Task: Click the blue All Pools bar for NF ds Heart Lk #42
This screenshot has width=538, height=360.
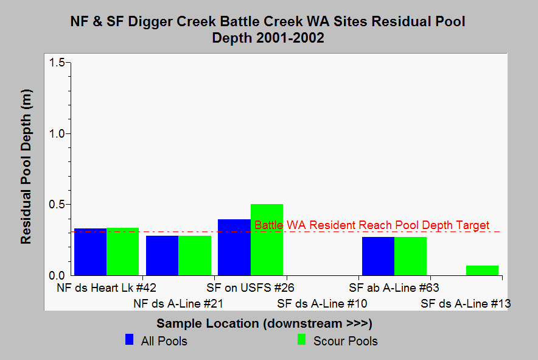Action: (91, 252)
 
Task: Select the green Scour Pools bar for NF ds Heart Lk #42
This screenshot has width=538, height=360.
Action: (123, 252)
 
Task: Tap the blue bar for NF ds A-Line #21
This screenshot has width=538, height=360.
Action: (162, 256)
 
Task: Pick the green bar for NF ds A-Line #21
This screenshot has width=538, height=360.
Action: (195, 256)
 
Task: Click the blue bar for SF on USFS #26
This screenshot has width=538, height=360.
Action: (234, 247)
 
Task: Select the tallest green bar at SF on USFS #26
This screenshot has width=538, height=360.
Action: (267, 240)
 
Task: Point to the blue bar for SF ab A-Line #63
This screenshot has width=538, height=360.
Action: (379, 256)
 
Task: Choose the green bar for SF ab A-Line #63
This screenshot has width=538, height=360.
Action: (411, 256)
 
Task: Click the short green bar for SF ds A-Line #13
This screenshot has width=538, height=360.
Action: (483, 270)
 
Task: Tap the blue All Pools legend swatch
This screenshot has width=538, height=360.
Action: (130, 339)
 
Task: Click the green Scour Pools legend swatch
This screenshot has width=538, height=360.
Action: (302, 339)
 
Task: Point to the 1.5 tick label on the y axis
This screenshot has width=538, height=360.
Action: (57, 63)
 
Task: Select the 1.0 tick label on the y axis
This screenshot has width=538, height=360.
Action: (57, 133)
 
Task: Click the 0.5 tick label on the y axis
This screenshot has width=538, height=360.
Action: (57, 205)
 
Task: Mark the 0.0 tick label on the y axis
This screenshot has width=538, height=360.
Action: (57, 275)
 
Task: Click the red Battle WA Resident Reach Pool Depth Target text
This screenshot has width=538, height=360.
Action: (372, 225)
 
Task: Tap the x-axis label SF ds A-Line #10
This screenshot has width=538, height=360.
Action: (322, 304)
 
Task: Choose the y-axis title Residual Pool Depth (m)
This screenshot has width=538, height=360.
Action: (26, 167)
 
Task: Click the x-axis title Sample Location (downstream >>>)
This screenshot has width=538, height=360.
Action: (265, 323)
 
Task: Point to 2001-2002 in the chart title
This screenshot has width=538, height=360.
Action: (290, 38)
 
